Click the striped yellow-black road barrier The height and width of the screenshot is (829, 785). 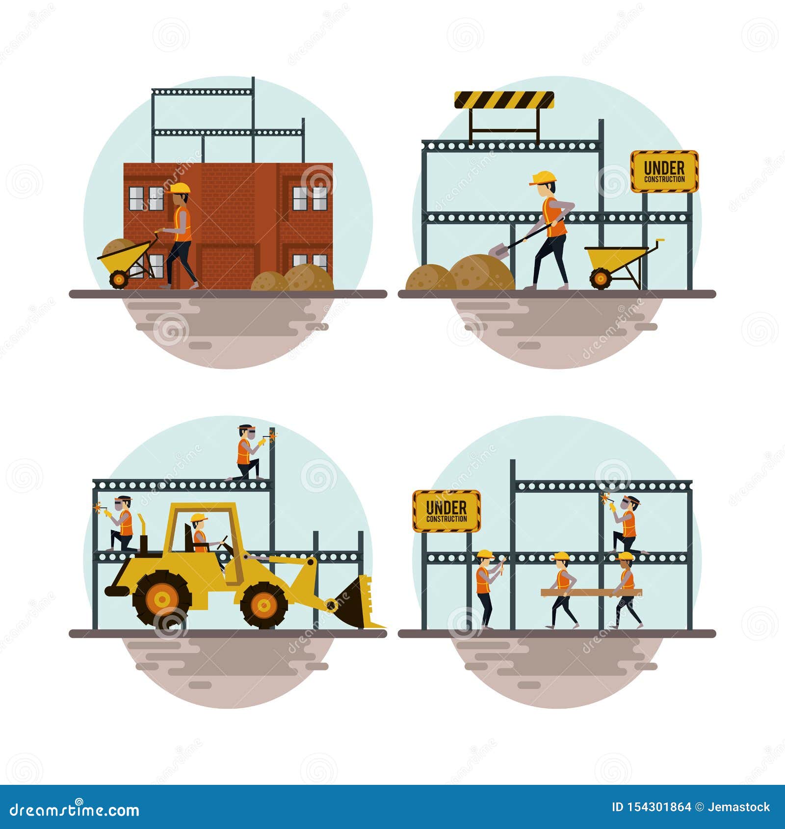[504, 100]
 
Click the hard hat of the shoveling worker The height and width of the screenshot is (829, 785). [544, 177]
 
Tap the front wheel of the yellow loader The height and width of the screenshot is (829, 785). [263, 605]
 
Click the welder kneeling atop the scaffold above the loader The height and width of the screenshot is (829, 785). [248, 452]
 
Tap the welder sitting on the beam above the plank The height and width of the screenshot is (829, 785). [627, 524]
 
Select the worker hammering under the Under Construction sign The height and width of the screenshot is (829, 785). [486, 587]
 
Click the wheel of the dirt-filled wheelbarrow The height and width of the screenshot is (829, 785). [118, 279]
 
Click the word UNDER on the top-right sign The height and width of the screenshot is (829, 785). [664, 168]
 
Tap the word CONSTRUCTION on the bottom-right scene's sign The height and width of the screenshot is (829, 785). [446, 519]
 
